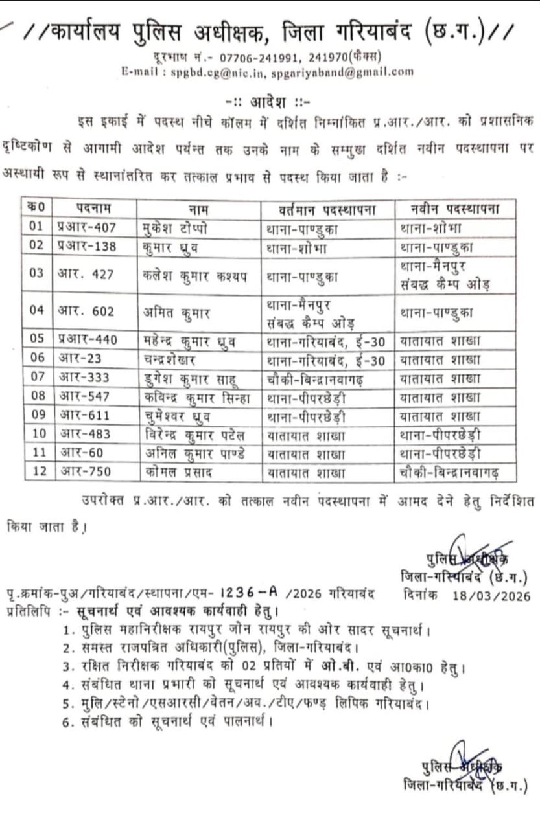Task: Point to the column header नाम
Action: click(x=198, y=209)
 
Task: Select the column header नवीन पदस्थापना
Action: click(x=455, y=209)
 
